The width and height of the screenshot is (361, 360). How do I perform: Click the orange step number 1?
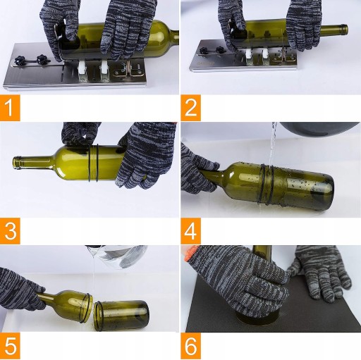10,108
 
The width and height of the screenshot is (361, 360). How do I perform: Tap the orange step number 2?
190,108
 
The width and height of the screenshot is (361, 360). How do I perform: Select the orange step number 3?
10,231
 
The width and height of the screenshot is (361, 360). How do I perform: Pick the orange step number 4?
190,231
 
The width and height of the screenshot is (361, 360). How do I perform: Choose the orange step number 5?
10,346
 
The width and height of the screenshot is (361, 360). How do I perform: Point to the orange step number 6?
190,346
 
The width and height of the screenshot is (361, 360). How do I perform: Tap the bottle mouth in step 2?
345,30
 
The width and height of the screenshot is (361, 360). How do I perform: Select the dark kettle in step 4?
319,128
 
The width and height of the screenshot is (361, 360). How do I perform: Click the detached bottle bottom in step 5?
121,316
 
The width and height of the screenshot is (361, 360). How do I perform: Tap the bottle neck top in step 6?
262,252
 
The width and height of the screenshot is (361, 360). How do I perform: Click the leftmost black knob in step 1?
19,61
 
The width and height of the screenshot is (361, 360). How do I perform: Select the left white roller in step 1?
82,70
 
